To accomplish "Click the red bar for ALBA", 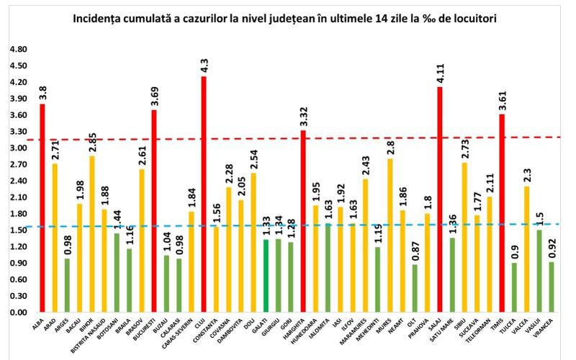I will (x=42, y=209).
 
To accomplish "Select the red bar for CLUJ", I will (x=204, y=194).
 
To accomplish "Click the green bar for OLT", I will (x=415, y=288).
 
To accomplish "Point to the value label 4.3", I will (x=204, y=66).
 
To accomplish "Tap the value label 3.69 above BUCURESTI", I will (x=154, y=96).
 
